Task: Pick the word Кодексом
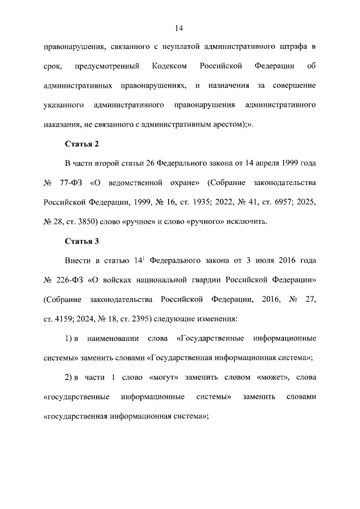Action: (169, 66)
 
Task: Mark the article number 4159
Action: (65, 319)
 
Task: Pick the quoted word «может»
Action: (266, 377)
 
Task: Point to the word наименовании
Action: (116, 339)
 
